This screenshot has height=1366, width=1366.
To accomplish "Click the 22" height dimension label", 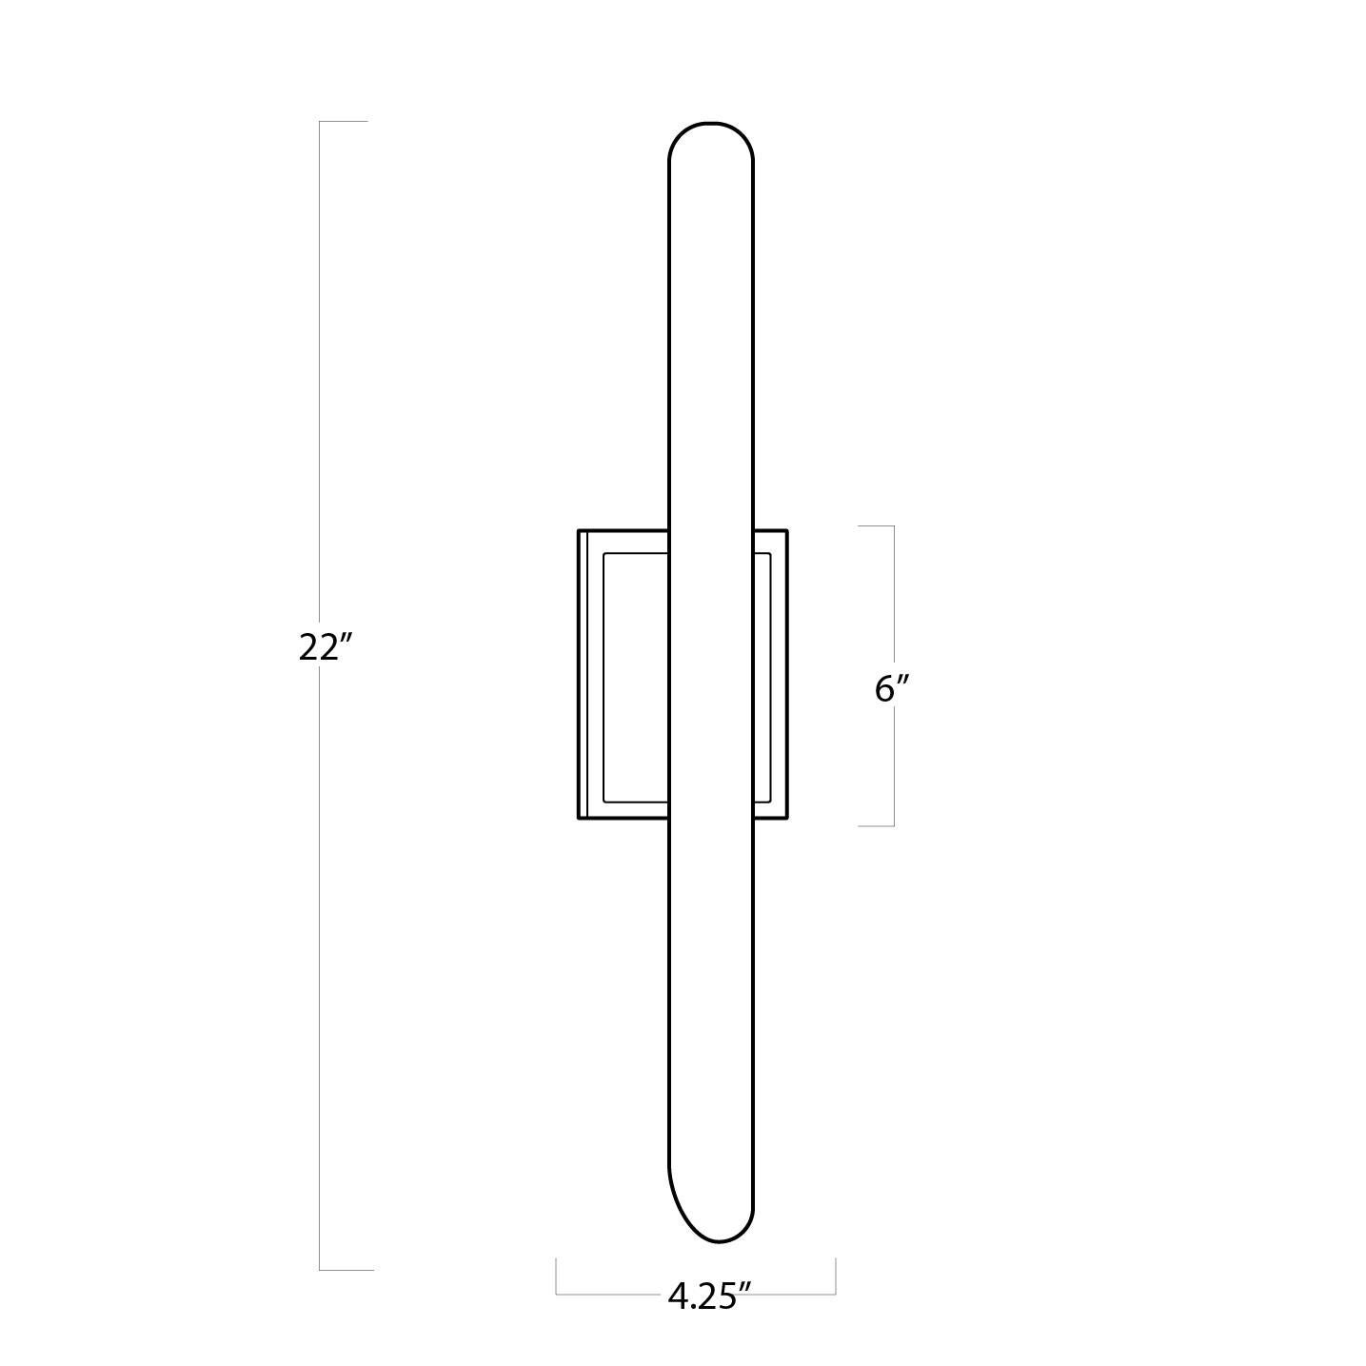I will (326, 647).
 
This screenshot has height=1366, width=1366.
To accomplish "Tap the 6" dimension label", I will (892, 687).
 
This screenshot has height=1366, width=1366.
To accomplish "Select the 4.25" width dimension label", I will (709, 1296).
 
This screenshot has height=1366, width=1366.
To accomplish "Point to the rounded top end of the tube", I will (711, 129).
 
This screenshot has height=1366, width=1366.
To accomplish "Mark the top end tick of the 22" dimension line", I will (344, 122).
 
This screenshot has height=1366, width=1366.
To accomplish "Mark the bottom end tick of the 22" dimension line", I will (346, 1269).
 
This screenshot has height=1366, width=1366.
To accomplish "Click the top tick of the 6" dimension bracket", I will (876, 525).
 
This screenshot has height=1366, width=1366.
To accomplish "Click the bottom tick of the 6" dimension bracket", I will (876, 825).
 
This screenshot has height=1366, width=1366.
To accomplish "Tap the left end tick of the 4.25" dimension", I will (557, 1276).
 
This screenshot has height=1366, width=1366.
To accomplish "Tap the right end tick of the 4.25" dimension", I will (835, 1276).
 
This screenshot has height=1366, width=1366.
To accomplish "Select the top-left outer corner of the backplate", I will (579, 530).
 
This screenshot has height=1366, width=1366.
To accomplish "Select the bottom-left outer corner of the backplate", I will (579, 819).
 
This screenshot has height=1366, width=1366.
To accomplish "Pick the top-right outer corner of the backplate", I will (786, 530).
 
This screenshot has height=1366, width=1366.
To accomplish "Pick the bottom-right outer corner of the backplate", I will (786, 819).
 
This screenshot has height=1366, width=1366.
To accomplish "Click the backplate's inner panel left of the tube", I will (636, 676).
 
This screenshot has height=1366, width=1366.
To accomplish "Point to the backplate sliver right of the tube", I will (769, 676).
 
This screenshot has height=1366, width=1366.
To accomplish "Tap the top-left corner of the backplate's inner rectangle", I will (604, 553).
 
